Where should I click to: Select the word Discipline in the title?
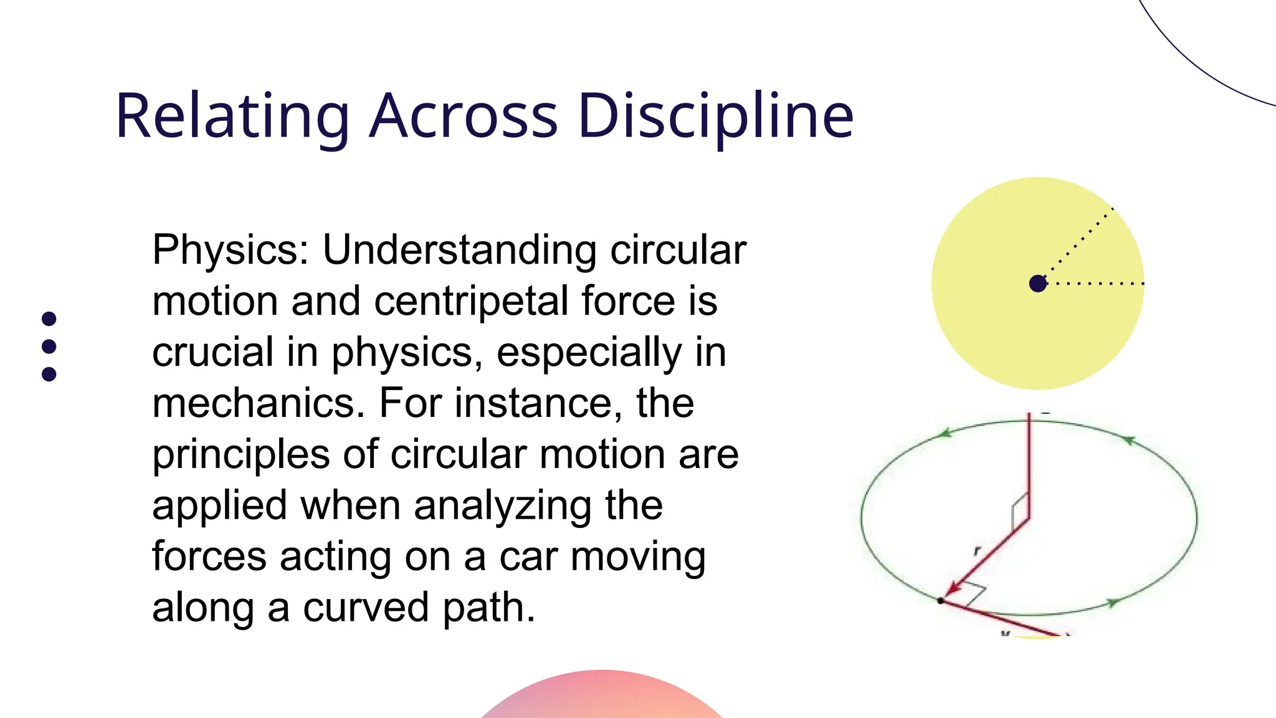(715, 117)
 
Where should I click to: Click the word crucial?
(212, 352)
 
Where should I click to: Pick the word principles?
(240, 454)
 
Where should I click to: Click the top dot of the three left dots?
(49, 319)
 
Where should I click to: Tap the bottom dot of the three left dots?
(49, 374)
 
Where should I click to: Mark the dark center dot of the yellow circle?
(1037, 284)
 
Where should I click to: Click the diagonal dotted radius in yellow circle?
(1078, 244)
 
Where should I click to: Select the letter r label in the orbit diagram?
(977, 550)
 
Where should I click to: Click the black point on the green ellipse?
(941, 601)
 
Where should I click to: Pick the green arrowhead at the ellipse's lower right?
(1113, 603)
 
